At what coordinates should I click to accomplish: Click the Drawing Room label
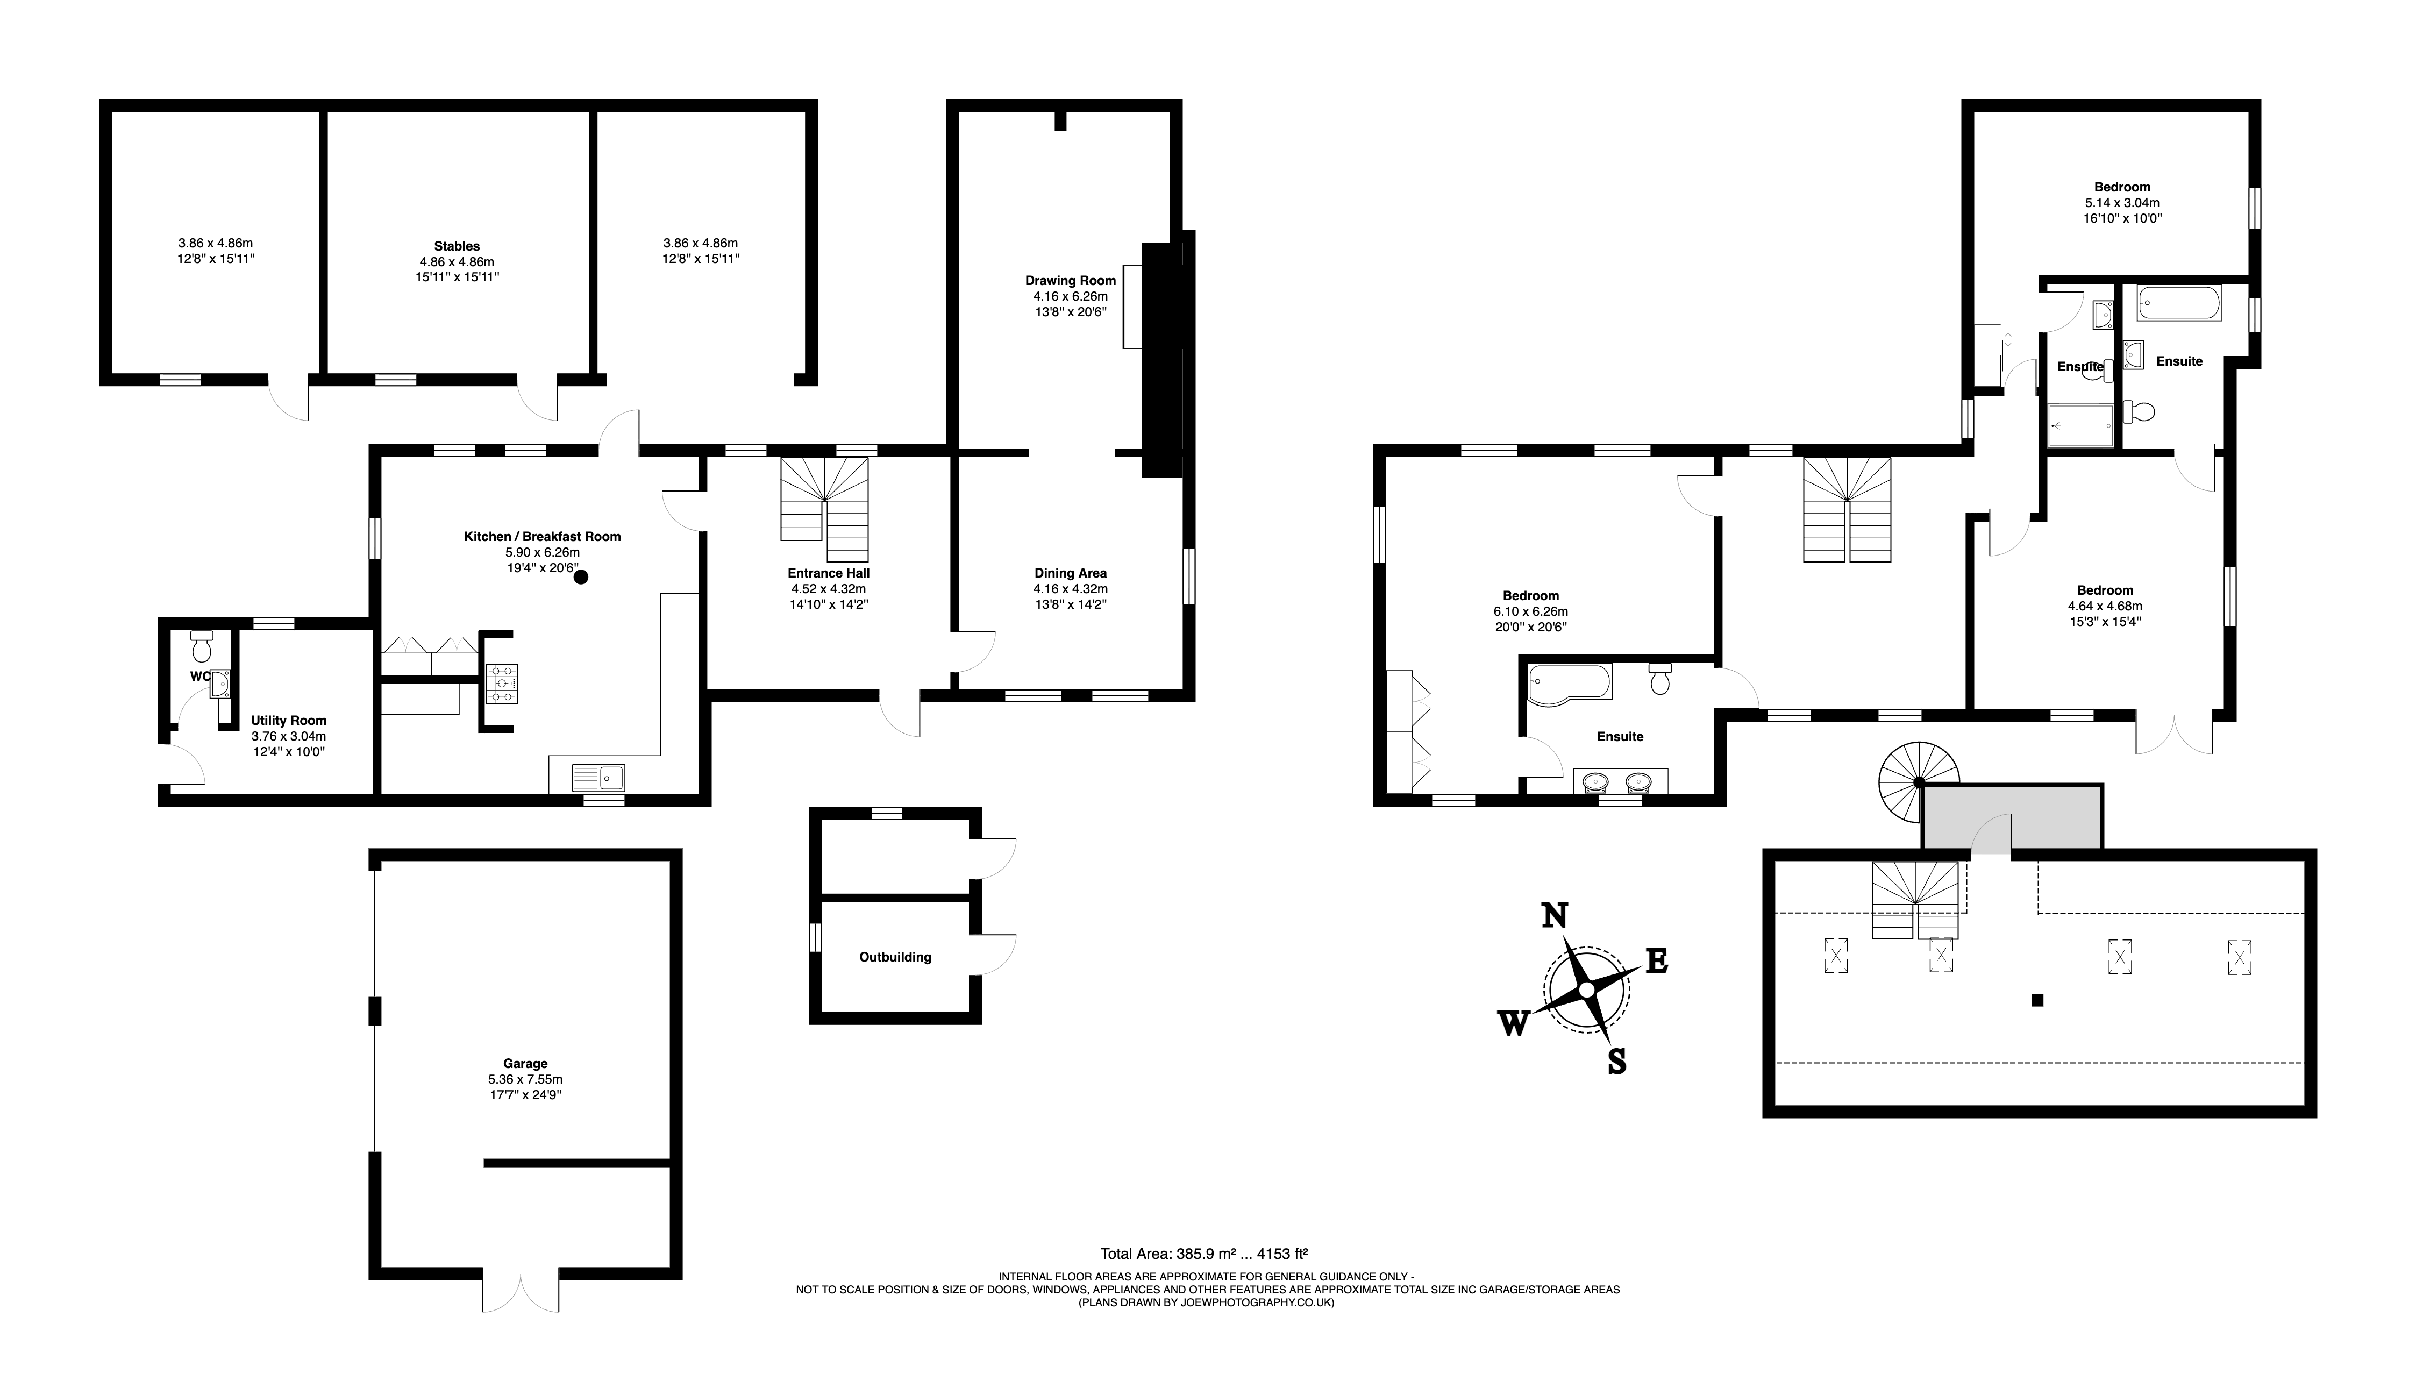1070,280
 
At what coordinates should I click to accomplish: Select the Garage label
525,1063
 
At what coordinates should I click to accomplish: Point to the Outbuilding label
895,957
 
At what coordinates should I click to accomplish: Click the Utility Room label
289,721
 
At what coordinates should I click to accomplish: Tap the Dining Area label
1070,573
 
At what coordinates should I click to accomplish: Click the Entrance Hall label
828,573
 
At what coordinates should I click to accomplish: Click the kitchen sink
598,777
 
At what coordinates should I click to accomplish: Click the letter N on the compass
1555,915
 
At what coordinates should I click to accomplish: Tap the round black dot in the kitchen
580,576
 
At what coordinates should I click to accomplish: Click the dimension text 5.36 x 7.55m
525,1079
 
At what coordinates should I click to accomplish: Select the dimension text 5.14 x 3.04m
2121,202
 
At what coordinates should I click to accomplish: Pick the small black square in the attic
2037,1000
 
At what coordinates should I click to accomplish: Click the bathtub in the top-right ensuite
2179,304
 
